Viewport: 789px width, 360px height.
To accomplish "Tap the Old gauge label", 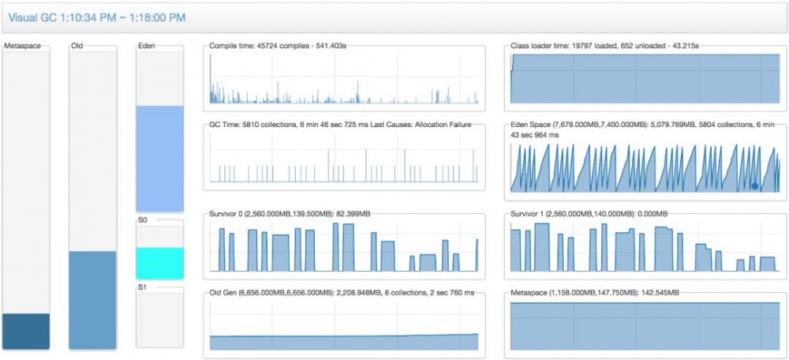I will [77, 46].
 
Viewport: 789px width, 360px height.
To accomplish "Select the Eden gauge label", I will [146, 46].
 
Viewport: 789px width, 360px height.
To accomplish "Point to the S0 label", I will [143, 221].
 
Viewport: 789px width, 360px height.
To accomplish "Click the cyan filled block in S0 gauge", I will [160, 263].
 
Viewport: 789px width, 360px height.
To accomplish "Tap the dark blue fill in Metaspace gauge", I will [26, 331].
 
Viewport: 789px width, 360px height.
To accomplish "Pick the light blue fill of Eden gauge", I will [160, 158].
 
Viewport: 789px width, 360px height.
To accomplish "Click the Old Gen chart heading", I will [342, 293].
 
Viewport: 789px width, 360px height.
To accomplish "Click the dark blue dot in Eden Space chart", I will [755, 186].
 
